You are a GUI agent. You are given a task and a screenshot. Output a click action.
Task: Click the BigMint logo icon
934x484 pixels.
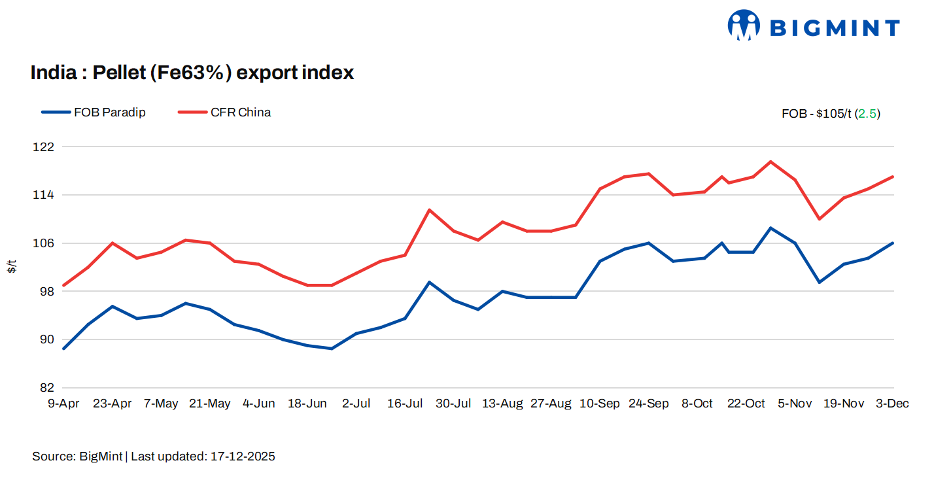click(x=743, y=26)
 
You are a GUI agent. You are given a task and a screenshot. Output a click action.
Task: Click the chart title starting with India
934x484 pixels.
click(x=192, y=73)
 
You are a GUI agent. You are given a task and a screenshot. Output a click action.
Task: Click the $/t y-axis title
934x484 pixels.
click(x=12, y=267)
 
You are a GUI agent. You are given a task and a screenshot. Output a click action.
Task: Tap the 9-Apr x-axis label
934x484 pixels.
click(x=63, y=404)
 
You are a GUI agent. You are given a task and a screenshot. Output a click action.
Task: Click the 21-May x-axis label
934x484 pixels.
click(x=209, y=404)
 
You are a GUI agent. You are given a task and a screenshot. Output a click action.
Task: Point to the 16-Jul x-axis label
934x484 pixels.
click(x=404, y=404)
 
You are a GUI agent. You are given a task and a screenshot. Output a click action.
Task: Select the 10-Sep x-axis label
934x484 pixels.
click(x=599, y=404)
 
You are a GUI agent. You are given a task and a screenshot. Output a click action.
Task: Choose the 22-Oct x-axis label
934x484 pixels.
click(x=746, y=404)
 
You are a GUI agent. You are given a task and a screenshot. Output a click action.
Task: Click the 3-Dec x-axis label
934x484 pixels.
click(x=892, y=404)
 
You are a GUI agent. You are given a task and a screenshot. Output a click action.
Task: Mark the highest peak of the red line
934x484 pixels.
click(x=770, y=162)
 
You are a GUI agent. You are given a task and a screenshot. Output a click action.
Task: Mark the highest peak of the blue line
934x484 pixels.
click(x=770, y=228)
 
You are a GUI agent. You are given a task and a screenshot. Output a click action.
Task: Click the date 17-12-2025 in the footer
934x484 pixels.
click(x=243, y=457)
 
